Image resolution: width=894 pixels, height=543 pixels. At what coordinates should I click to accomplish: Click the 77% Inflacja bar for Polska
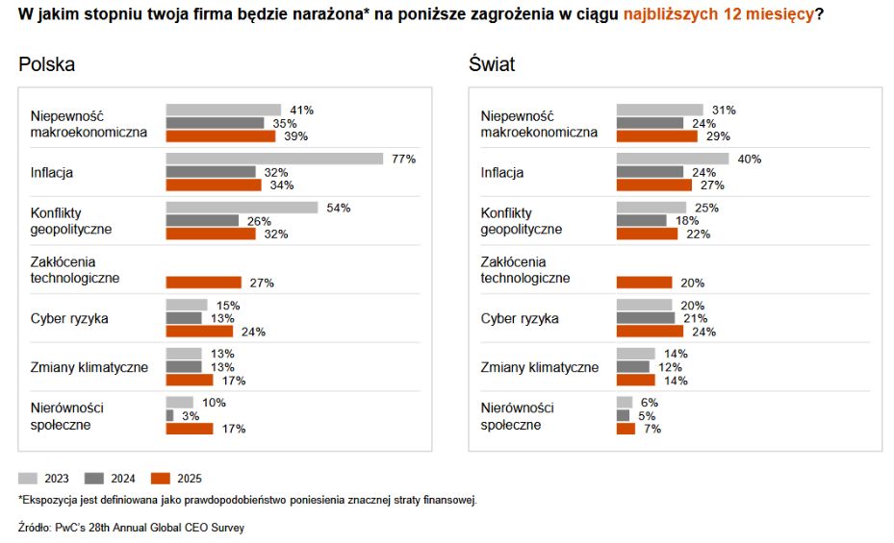pyautogui.click(x=274, y=159)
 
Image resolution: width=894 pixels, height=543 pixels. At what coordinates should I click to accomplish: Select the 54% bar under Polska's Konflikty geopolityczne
pyautogui.click(x=242, y=208)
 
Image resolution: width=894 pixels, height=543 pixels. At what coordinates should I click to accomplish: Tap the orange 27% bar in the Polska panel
pyautogui.click(x=204, y=283)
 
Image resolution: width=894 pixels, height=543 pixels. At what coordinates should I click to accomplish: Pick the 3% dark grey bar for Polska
pyautogui.click(x=170, y=415)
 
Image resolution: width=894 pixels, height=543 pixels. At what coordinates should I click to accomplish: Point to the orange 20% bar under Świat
pyautogui.click(x=644, y=283)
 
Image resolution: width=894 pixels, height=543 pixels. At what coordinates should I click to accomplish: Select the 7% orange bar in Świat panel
pyautogui.click(x=626, y=429)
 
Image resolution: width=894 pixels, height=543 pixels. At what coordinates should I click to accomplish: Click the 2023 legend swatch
pyautogui.click(x=28, y=478)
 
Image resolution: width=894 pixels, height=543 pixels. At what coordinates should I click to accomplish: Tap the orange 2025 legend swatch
pyautogui.click(x=161, y=478)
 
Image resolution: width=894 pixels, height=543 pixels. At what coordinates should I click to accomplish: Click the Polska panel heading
pyautogui.click(x=46, y=64)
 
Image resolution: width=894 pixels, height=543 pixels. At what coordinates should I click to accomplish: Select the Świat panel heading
pyautogui.click(x=492, y=64)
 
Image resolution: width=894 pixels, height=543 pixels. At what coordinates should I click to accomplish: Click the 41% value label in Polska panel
pyautogui.click(x=302, y=111)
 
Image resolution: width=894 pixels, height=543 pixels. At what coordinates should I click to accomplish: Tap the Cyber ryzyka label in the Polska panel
pyautogui.click(x=68, y=318)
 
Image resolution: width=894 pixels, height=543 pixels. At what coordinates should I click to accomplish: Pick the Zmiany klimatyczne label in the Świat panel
pyautogui.click(x=540, y=367)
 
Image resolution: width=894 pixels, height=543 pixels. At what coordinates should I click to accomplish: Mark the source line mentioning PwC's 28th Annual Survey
pyautogui.click(x=131, y=528)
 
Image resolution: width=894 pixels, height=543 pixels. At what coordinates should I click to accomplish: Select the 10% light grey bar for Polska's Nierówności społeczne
pyautogui.click(x=180, y=403)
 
